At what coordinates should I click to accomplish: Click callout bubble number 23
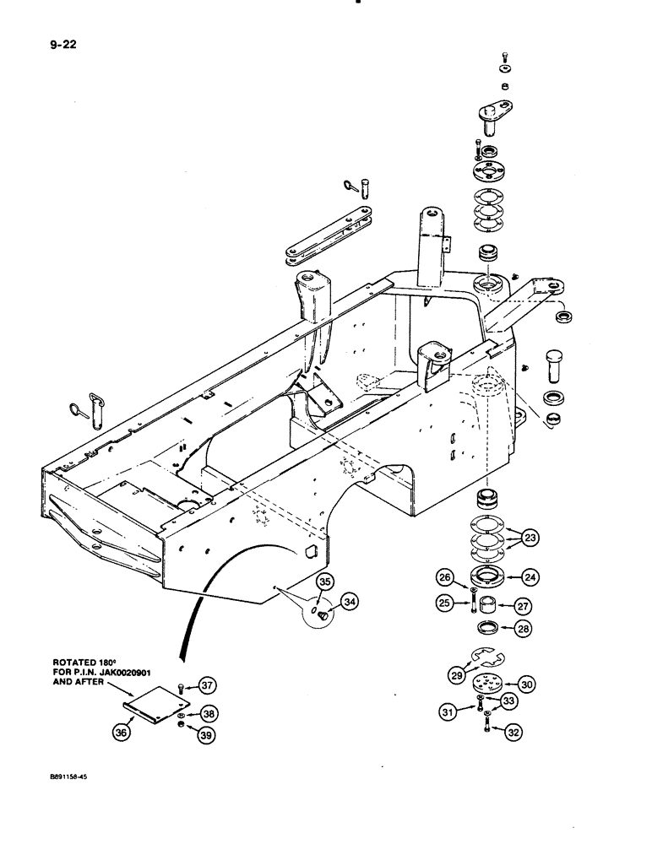530,538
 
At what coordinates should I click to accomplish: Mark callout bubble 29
458,674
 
